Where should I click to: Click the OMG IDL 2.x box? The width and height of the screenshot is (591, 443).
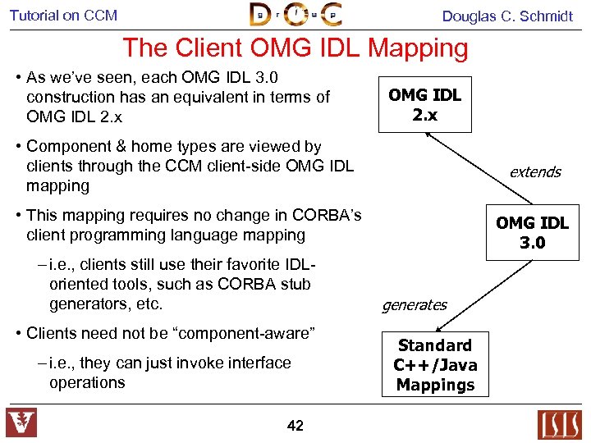click(x=424, y=105)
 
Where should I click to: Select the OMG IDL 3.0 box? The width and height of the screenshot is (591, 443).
click(x=532, y=233)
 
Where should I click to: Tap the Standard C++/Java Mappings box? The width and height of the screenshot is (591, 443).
click(x=435, y=365)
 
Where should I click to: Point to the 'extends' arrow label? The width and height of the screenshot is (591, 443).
click(x=534, y=171)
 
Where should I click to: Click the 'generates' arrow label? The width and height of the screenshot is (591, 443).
click(x=414, y=305)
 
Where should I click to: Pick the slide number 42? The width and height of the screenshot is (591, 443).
click(x=295, y=425)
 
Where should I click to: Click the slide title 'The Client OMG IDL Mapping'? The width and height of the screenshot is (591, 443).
click(x=295, y=48)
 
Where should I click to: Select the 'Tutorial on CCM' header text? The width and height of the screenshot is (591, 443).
click(x=63, y=16)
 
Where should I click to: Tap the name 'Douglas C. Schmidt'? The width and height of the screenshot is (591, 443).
click(x=507, y=16)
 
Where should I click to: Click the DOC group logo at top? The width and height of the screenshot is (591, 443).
click(x=295, y=15)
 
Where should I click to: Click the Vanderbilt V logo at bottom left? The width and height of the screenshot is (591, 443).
click(x=21, y=422)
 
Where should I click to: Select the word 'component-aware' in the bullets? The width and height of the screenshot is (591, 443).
click(x=247, y=333)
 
